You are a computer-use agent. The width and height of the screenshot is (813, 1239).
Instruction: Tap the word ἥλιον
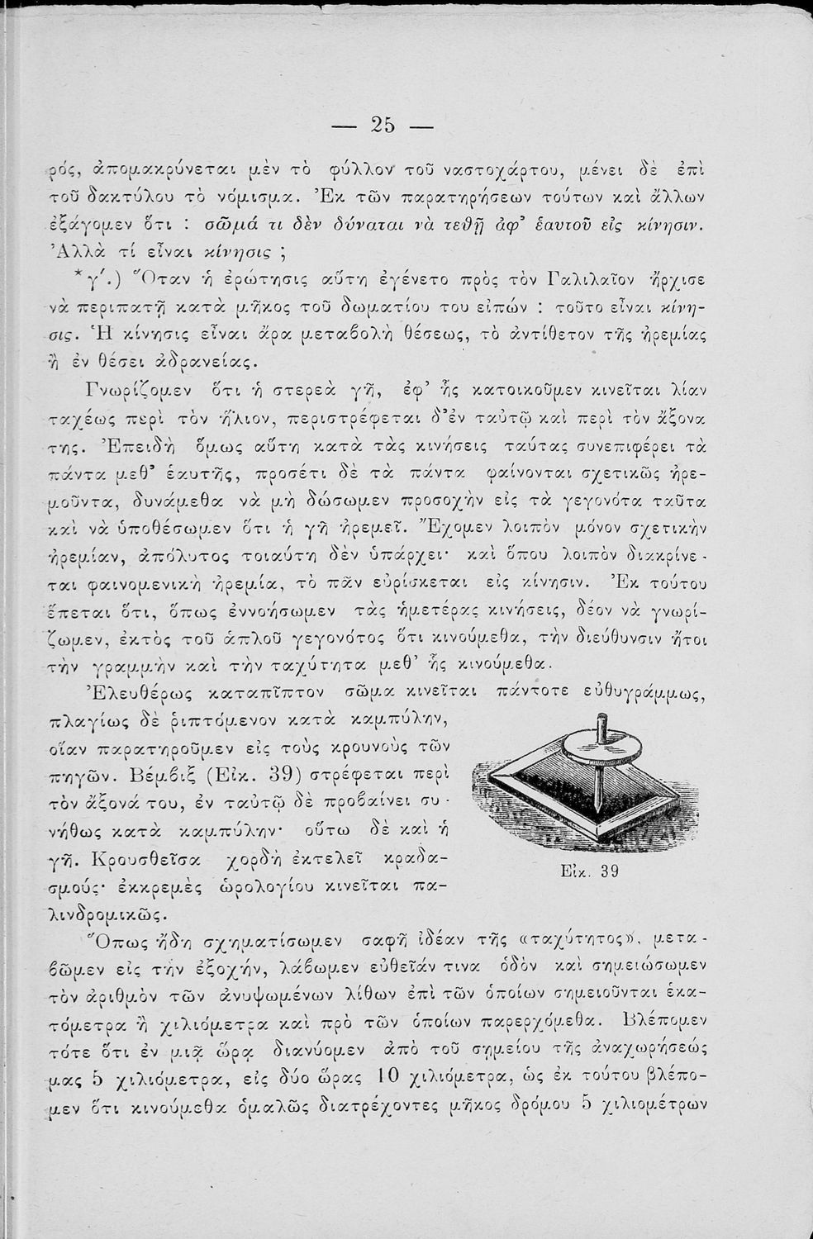pos(246,415)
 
